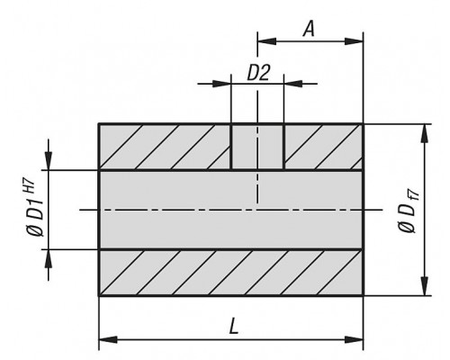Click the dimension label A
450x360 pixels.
click(309, 29)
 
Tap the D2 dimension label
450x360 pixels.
click(258, 73)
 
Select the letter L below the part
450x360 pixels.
click(234, 327)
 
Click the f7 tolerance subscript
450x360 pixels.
click(414, 195)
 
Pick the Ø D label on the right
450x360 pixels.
click(408, 218)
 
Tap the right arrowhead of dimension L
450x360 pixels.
click(354, 340)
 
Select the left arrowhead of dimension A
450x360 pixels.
click(266, 41)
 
